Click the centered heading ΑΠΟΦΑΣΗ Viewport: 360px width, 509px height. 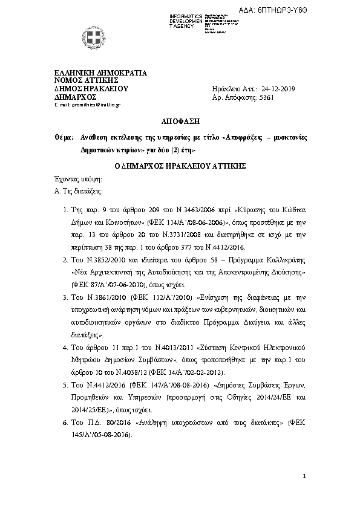pos(180,122)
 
